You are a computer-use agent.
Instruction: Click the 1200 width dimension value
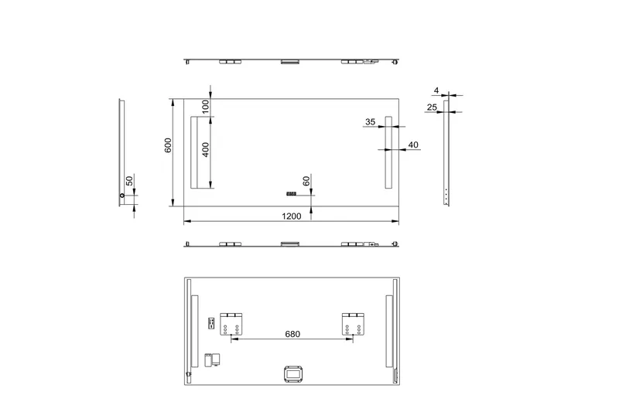click(x=292, y=216)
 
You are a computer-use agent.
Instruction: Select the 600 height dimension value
click(x=168, y=145)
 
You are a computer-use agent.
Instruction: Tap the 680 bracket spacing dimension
click(x=292, y=334)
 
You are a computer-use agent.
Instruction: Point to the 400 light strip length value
click(x=206, y=149)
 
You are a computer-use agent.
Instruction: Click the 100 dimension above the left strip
click(x=206, y=105)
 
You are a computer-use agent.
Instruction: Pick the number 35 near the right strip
click(x=370, y=121)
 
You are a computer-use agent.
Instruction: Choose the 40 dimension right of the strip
click(x=412, y=145)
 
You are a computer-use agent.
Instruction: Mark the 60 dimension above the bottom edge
click(x=306, y=180)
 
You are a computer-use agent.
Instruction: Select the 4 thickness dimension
click(x=436, y=90)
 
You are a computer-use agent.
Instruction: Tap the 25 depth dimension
click(x=432, y=107)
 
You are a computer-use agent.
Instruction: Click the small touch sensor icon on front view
click(x=292, y=193)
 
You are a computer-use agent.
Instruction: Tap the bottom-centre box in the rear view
click(x=292, y=374)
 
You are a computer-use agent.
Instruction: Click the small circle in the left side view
click(x=121, y=196)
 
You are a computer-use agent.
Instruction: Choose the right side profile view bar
click(x=446, y=158)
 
